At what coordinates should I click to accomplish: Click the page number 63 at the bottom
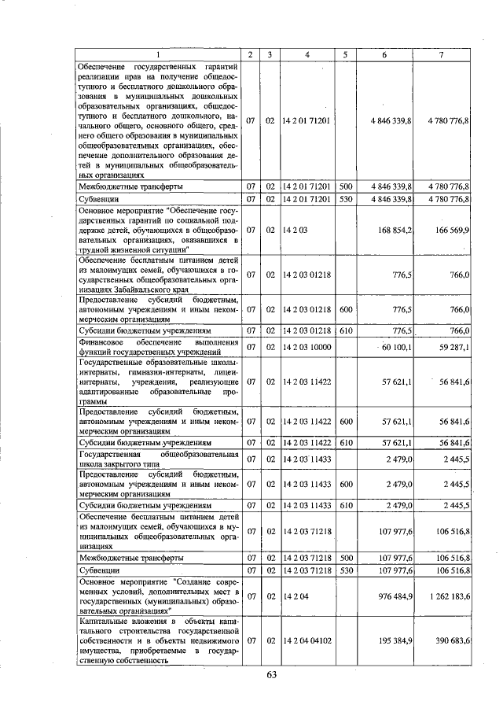coord(272,675)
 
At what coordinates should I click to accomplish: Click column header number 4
coord(307,54)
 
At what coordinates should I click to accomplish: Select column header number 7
coord(442,54)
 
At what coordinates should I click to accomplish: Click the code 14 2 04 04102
coord(311,641)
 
